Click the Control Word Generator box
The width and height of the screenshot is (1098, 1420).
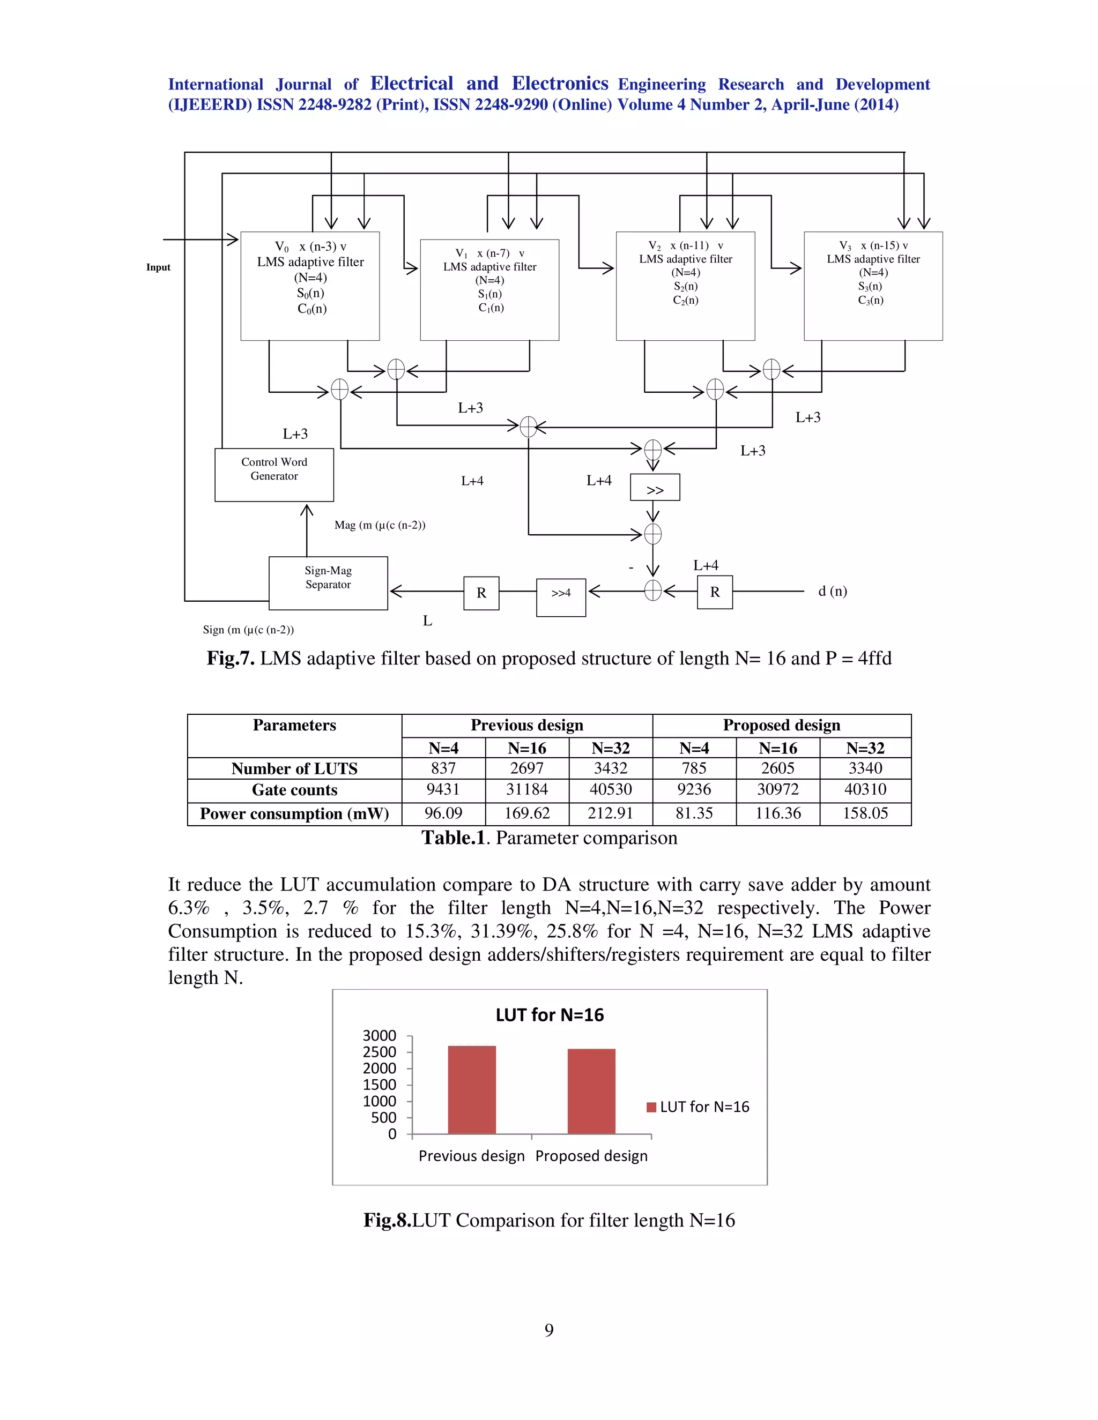point(274,474)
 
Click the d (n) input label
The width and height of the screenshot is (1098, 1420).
point(832,591)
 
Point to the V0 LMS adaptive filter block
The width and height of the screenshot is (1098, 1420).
point(310,286)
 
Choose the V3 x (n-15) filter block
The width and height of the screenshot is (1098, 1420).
point(873,286)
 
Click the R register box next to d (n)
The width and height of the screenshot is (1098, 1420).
point(714,592)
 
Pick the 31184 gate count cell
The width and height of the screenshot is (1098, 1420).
point(527,789)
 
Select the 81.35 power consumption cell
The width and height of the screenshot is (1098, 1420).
point(694,813)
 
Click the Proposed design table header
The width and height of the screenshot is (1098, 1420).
point(781,725)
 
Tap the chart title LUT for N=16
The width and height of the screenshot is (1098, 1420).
point(550,1015)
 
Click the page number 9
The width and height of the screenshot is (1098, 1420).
point(549,1331)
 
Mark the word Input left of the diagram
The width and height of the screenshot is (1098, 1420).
point(158,267)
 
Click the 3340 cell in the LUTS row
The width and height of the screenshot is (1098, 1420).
point(865,768)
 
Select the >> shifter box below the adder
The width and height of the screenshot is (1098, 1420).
point(655,488)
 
